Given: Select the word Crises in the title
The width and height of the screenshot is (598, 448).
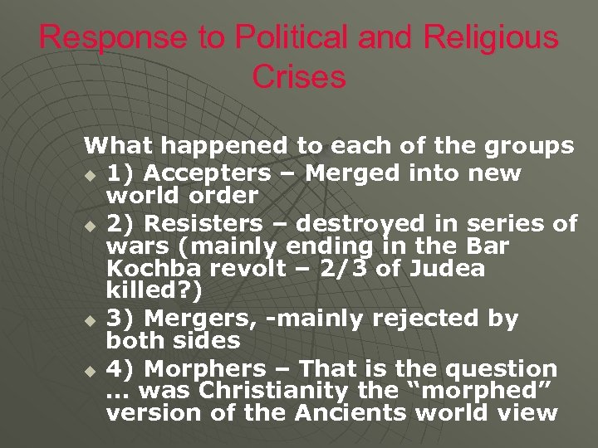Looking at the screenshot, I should (x=298, y=77).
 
